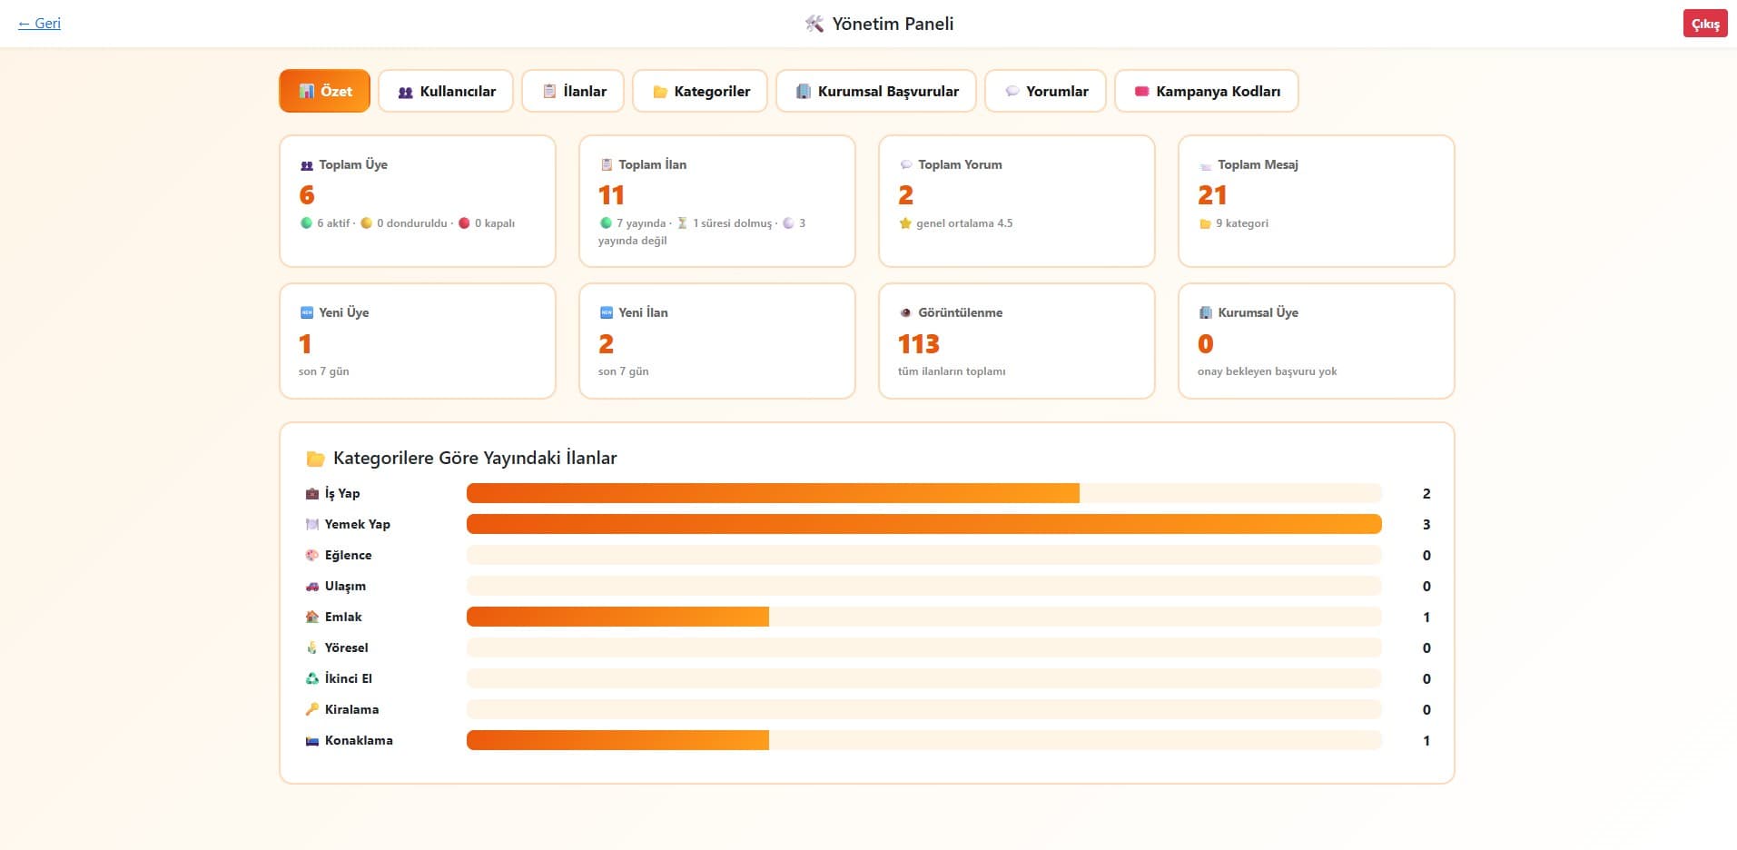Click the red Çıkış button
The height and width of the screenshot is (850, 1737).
tap(1704, 24)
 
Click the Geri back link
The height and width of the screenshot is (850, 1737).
tap(39, 24)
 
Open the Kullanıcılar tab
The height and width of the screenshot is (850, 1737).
tap(446, 91)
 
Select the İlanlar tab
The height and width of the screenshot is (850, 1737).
tap(573, 91)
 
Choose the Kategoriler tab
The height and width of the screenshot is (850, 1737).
tap(700, 91)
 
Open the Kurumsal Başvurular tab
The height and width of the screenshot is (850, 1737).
tap(876, 91)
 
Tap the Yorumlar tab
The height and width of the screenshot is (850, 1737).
tap(1045, 91)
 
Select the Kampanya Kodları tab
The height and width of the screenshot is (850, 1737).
tap(1207, 91)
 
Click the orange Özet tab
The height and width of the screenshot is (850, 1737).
tap(324, 91)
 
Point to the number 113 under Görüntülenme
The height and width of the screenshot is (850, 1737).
tap(918, 344)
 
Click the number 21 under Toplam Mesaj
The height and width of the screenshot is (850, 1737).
tap(1212, 195)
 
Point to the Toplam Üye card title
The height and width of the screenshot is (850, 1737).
tap(353, 164)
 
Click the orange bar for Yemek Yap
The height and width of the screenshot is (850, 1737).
tap(923, 524)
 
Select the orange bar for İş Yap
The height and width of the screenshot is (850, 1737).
tap(773, 493)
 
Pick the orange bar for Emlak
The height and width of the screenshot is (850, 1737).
tap(617, 617)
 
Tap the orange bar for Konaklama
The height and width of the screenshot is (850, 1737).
tap(617, 740)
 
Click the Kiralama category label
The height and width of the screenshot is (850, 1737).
tap(351, 709)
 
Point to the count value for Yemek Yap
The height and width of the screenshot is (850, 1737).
tap(1426, 524)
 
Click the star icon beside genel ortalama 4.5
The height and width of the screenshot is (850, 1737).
tap(905, 223)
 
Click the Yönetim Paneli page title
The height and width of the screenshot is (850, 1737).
tap(893, 24)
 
